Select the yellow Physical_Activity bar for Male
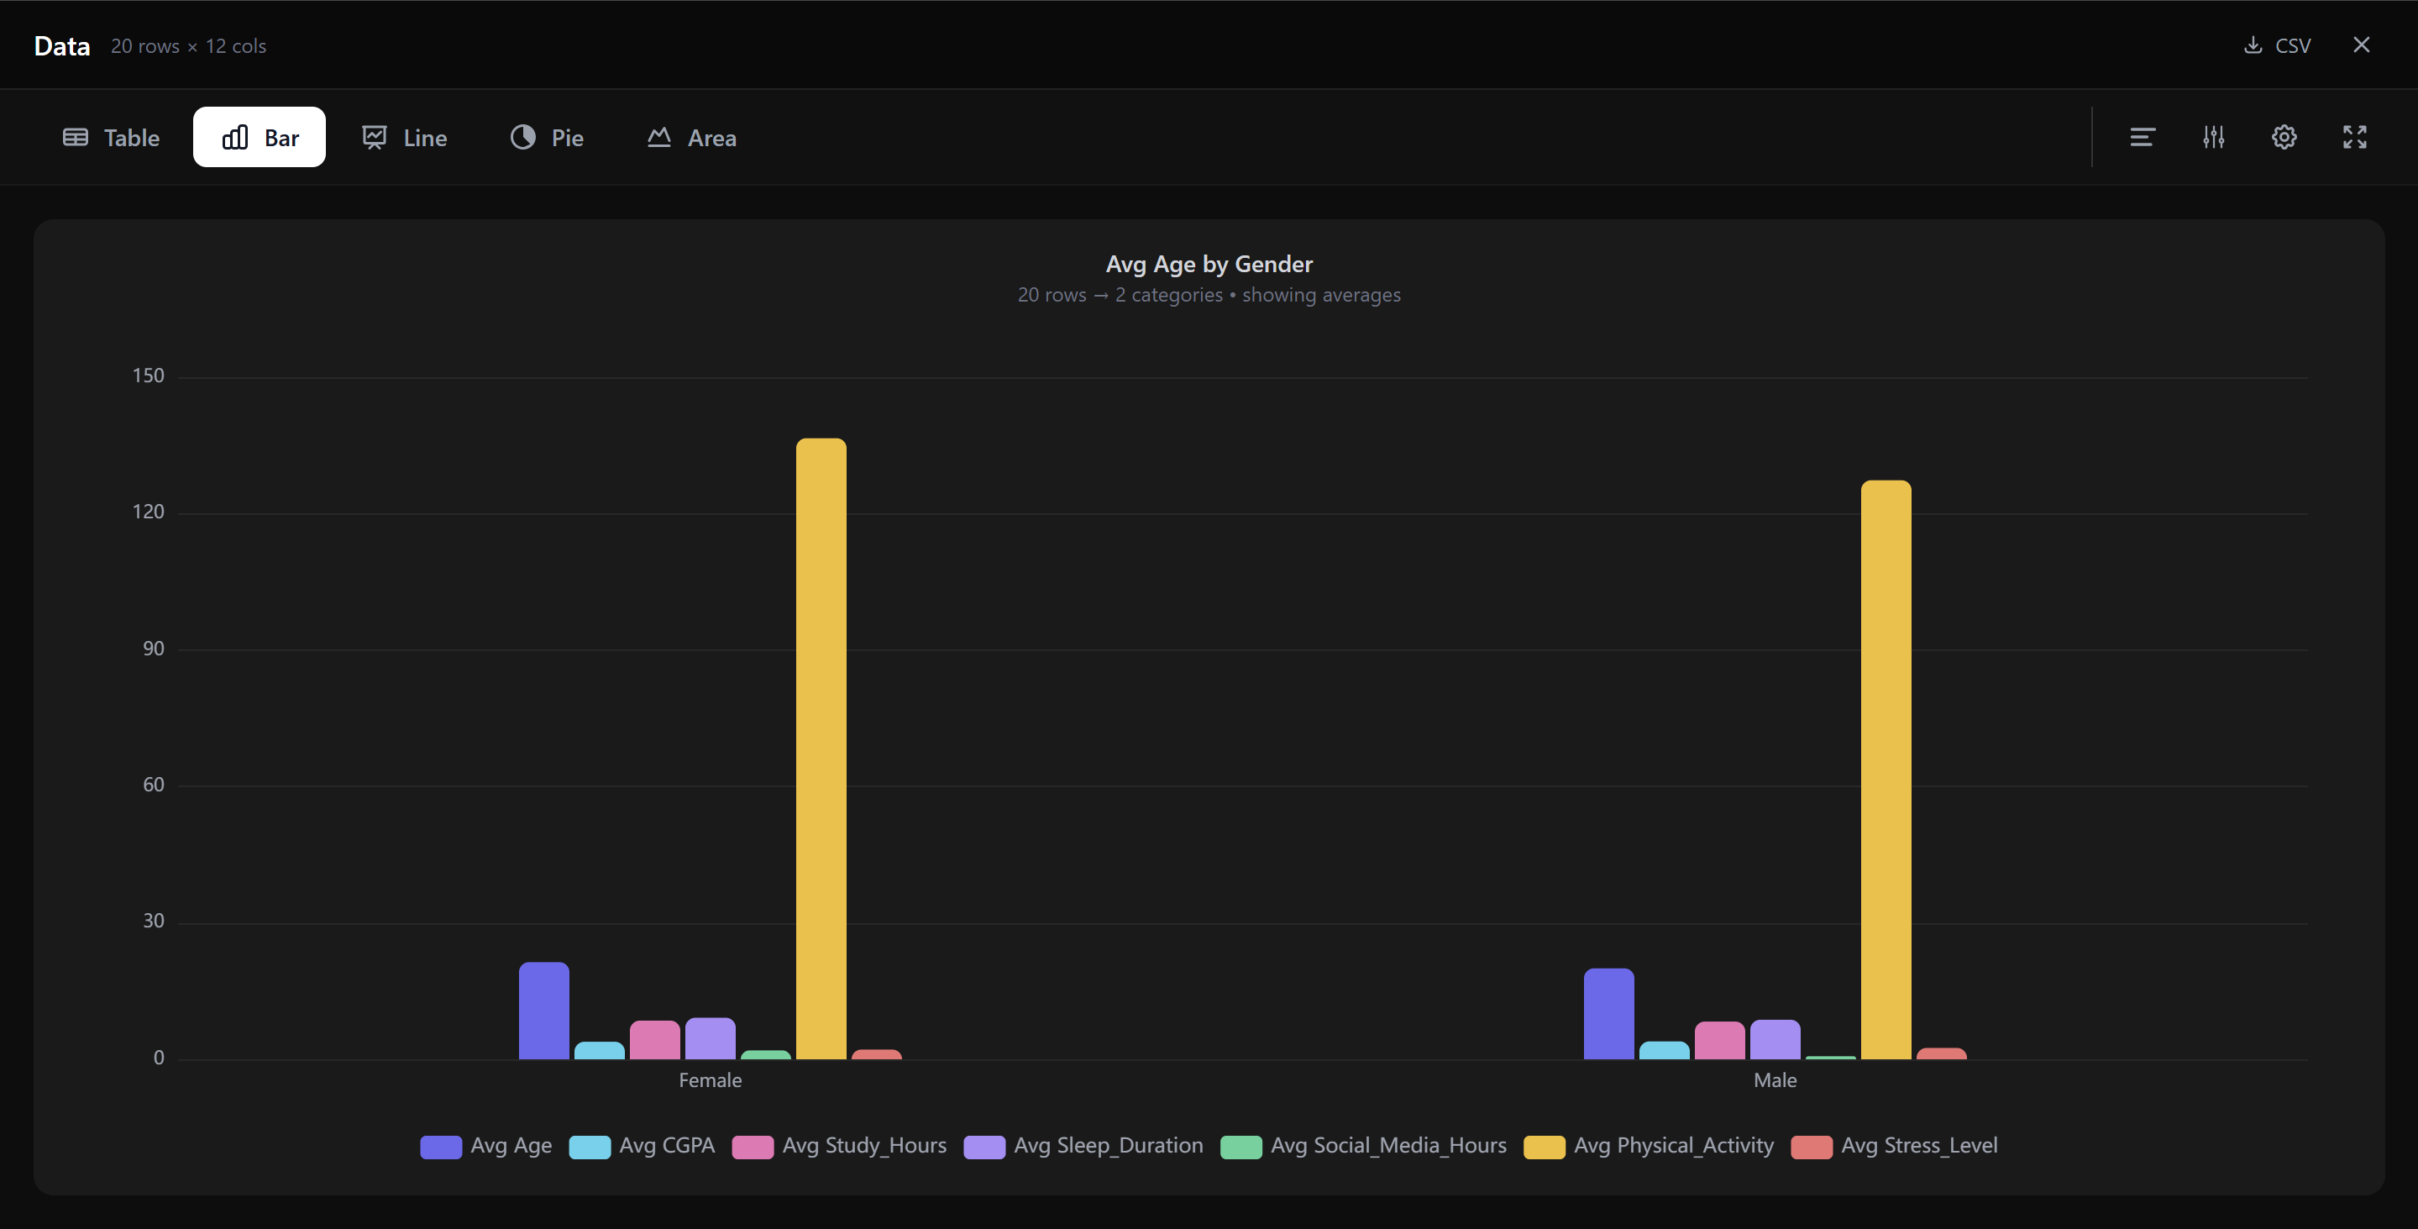point(1885,769)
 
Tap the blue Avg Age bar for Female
point(543,1011)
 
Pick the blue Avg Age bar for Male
point(1608,1014)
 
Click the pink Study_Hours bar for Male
point(1718,1040)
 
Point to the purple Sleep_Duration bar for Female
point(710,1038)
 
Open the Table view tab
point(112,137)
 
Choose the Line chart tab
point(405,137)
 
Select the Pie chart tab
point(548,137)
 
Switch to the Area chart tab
point(692,137)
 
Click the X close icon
point(2361,45)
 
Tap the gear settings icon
point(2284,137)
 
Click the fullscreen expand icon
point(2354,137)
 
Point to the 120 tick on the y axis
point(149,512)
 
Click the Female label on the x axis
point(710,1079)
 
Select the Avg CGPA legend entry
point(643,1146)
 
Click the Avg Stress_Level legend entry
point(1894,1146)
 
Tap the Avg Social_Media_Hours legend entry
point(1364,1146)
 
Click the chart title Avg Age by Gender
point(1209,264)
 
